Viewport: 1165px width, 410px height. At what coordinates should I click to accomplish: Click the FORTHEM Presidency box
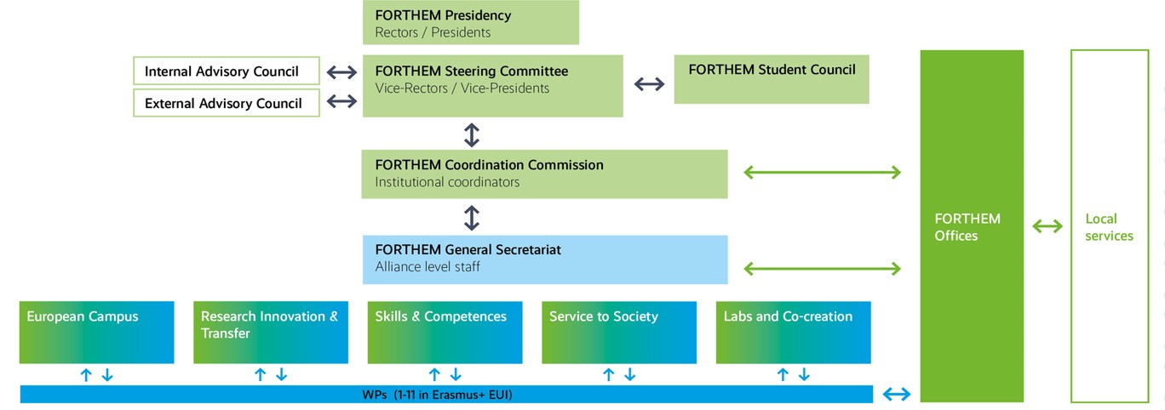470,22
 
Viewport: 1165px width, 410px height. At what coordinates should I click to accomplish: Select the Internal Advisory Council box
227,71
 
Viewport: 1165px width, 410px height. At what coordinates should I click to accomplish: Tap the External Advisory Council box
227,103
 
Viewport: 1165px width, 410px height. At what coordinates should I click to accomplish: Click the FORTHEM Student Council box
771,79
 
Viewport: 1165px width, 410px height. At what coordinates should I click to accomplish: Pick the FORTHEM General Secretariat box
544,259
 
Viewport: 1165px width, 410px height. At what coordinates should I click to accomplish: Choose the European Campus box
96,332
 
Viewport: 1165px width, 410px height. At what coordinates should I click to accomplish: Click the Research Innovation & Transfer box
270,332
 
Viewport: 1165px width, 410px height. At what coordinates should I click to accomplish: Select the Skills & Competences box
445,332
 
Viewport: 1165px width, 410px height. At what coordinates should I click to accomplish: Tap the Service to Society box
618,332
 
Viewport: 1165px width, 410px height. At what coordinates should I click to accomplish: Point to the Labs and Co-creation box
793,332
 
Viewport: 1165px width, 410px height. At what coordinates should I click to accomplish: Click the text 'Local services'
1109,227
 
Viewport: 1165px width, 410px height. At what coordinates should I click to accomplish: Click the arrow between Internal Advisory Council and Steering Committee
341,71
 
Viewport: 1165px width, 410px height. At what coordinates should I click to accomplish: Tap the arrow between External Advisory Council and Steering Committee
341,102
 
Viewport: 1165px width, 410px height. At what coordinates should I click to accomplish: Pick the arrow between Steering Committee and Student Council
649,83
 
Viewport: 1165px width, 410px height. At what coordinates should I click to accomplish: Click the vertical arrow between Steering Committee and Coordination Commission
472,134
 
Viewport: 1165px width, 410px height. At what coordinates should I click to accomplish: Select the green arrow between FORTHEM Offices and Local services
1047,226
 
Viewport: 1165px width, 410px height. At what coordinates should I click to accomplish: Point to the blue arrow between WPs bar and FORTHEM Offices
897,394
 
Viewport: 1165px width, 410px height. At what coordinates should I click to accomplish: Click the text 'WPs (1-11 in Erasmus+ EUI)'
437,395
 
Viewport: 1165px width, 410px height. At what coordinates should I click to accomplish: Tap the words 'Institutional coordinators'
447,182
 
